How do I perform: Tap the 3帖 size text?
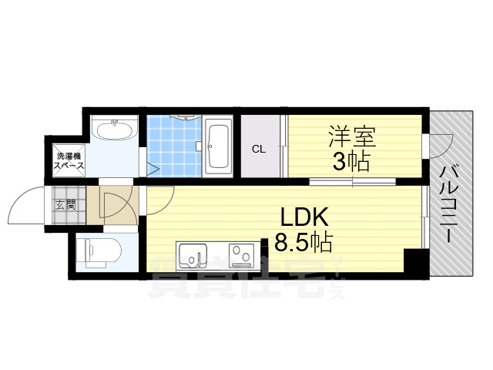click(x=352, y=162)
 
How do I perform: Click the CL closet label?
click(x=258, y=150)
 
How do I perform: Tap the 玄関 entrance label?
click(x=65, y=204)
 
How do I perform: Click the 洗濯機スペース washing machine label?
click(x=65, y=162)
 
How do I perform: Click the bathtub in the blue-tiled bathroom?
click(x=219, y=146)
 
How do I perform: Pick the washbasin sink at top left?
click(x=113, y=129)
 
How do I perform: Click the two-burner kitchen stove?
click(x=243, y=255)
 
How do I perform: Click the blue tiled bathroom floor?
click(x=175, y=146)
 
